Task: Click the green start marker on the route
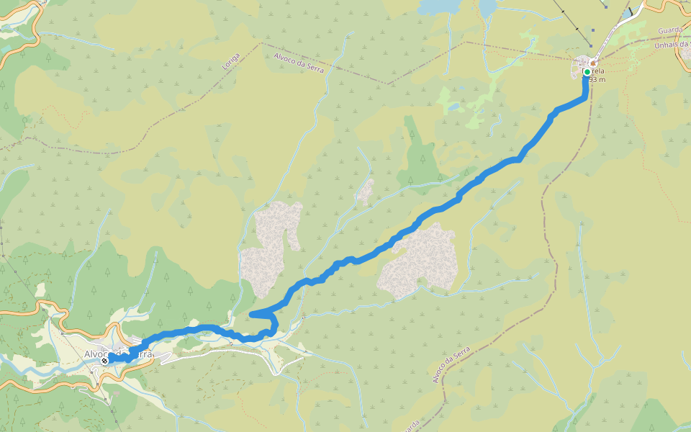[587, 72]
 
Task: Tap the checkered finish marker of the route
[105, 360]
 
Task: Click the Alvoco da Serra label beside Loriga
[299, 63]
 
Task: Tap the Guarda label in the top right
[670, 31]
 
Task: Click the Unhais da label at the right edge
[674, 45]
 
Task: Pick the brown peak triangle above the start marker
[592, 63]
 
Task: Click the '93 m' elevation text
[597, 79]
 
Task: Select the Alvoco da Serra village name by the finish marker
[119, 354]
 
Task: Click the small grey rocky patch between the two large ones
[366, 191]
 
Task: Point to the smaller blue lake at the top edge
[488, 6]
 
